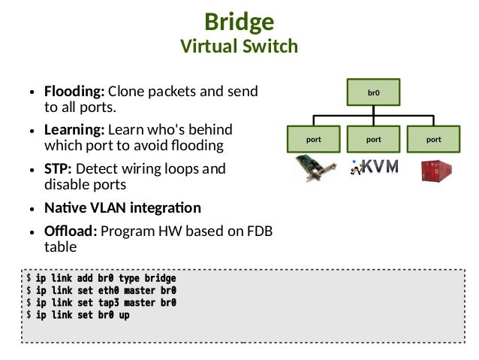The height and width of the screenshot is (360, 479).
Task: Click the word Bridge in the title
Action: (239, 23)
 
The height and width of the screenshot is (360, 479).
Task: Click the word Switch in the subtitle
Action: (270, 46)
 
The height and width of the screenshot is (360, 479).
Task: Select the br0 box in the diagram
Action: (373, 92)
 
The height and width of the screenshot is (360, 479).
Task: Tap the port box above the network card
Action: (313, 139)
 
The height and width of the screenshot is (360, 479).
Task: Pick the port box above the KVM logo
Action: (373, 139)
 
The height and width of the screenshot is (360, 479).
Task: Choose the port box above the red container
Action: (433, 139)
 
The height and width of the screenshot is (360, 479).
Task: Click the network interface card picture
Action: (315, 168)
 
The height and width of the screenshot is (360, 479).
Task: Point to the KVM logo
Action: (375, 167)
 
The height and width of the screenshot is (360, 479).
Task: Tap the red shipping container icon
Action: (436, 171)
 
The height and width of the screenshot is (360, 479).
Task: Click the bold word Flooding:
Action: (74, 92)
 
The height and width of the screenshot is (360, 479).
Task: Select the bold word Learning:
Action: (74, 130)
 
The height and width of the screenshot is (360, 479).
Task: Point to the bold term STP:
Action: (58, 169)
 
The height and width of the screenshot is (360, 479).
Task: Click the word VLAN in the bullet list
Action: (108, 208)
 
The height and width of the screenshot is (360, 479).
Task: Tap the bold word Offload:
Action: (71, 231)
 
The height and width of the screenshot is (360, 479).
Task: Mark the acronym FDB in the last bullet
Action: (260, 231)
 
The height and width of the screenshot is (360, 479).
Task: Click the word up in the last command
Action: (124, 315)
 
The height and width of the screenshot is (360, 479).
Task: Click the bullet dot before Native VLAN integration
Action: (32, 209)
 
